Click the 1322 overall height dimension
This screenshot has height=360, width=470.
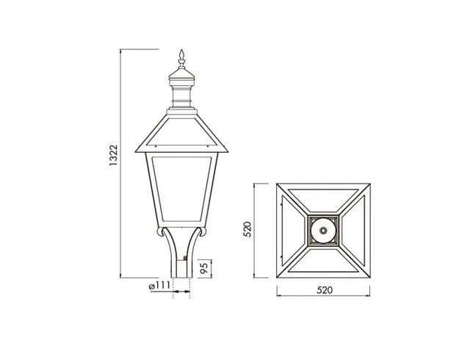pos(114,156)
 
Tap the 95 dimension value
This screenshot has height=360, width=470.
pos(204,268)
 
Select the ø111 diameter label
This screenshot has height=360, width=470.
pos(159,286)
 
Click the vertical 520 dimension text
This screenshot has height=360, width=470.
pos(247,229)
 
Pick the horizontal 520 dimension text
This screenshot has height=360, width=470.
pos(325,290)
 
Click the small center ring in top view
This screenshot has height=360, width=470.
pos(323,231)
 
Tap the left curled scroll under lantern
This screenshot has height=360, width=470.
pos(161,231)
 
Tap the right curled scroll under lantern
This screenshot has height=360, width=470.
pos(202,231)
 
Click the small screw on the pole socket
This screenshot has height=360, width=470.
pos(185,258)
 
